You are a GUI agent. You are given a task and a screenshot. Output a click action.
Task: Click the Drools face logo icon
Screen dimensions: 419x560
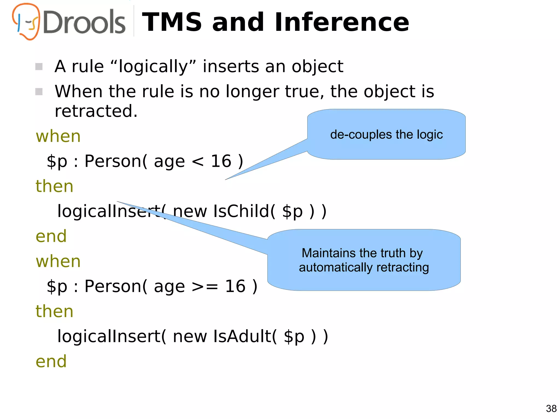[x=26, y=21]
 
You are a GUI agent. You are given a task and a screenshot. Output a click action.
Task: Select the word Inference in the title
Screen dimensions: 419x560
[x=342, y=22]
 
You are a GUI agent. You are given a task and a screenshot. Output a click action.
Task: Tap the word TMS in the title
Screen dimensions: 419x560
[x=172, y=22]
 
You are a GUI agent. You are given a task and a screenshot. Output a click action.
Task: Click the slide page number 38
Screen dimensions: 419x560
[x=551, y=409]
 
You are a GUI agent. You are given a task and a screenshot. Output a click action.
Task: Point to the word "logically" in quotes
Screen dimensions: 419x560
[x=153, y=67]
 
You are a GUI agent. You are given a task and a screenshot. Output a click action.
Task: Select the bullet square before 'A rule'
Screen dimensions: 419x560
[x=39, y=67]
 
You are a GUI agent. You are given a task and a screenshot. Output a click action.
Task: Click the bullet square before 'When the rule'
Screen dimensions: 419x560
[x=39, y=92]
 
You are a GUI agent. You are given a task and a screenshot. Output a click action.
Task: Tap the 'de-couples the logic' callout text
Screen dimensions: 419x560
[x=386, y=135]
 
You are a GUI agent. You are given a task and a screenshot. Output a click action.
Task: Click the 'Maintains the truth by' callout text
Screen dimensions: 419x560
[x=362, y=253]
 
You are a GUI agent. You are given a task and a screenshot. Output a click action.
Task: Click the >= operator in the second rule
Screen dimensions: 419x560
[x=205, y=287]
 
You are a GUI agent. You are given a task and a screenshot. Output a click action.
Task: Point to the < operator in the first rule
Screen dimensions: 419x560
[x=197, y=162]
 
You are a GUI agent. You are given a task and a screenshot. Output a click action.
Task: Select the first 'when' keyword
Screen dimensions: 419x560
[x=58, y=136]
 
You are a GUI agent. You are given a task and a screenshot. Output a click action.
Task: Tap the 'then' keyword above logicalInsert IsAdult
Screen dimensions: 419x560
[x=54, y=311]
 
